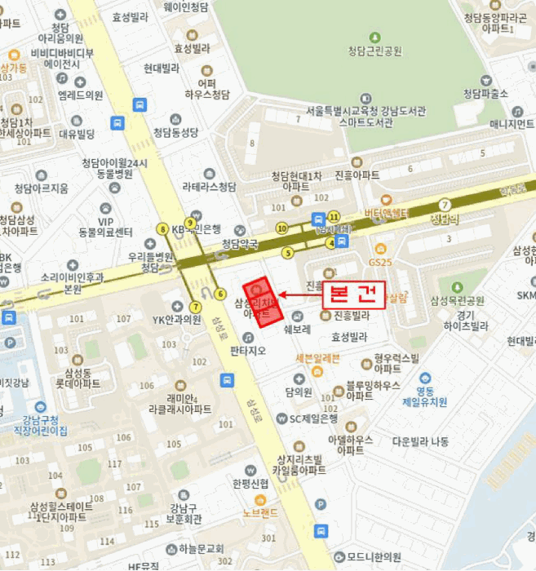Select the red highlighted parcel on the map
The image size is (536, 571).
(x=264, y=303)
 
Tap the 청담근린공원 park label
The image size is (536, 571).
(x=374, y=51)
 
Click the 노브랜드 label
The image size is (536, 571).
(x=260, y=512)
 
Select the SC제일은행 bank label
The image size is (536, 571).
(x=313, y=418)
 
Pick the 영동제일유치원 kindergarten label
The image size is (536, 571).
(x=425, y=396)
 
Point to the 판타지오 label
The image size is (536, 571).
(x=248, y=352)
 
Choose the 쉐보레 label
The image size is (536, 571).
(x=296, y=330)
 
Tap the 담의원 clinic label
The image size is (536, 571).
(x=299, y=392)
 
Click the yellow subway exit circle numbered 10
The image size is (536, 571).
(x=281, y=228)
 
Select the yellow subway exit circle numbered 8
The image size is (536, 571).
(x=163, y=229)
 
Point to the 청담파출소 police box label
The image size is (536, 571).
(x=485, y=94)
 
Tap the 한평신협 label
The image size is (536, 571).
(x=249, y=484)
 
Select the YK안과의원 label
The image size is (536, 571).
(x=176, y=319)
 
